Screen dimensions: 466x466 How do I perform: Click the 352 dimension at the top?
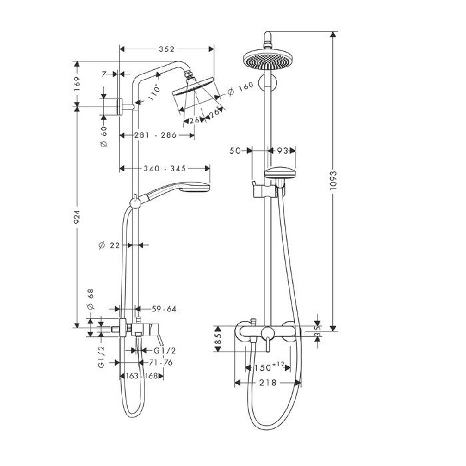pyautogui.click(x=166, y=49)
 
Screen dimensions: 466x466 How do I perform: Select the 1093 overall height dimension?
pyautogui.click(x=334, y=180)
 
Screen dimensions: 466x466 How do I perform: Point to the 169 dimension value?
pyautogui.click(x=77, y=83)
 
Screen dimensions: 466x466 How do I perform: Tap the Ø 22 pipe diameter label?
pyautogui.click(x=109, y=245)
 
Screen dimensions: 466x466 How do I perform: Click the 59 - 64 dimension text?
pyautogui.click(x=164, y=308)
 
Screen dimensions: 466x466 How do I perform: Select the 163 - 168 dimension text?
pyautogui.click(x=142, y=377)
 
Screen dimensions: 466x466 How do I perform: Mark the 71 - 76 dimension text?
pyautogui.click(x=160, y=363)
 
